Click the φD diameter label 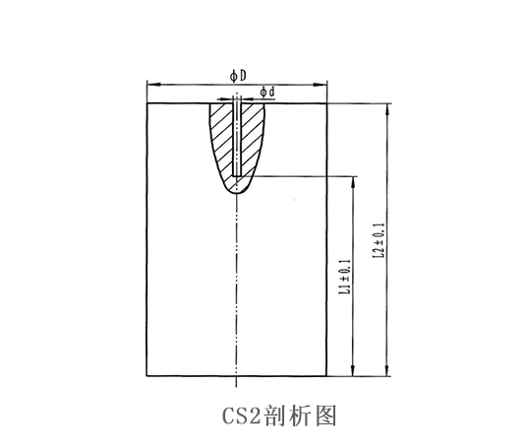(238, 76)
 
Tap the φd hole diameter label (267, 92)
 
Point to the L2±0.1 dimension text (379, 240)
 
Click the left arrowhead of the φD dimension (152, 84)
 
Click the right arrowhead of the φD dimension (321, 85)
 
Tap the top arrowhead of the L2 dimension (387, 108)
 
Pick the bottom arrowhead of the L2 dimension (387, 370)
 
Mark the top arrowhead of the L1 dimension (353, 182)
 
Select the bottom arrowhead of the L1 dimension (353, 370)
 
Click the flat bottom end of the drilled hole (237, 175)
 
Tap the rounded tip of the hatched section (237, 193)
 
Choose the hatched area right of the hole (253, 139)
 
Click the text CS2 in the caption (241, 416)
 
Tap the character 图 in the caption (326, 416)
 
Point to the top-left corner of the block (147, 103)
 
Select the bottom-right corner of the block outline (326, 376)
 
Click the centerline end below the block (237, 387)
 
